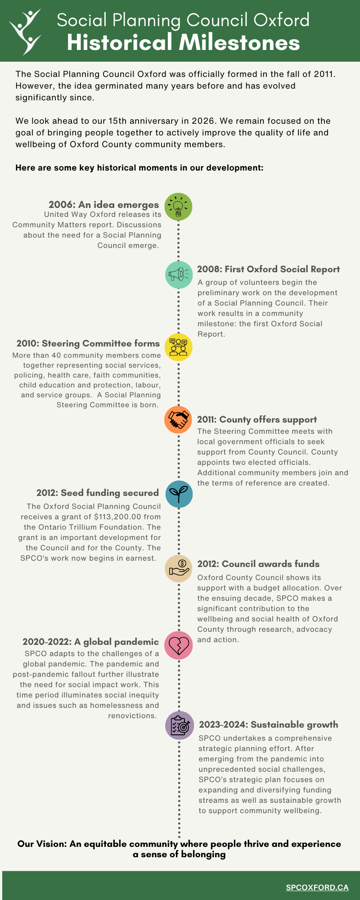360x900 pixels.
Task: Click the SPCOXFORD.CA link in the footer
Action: coord(317,887)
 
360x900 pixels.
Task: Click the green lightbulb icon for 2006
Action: coord(179,207)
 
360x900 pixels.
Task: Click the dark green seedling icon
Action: coord(179,494)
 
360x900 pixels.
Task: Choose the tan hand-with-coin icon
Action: coord(179,568)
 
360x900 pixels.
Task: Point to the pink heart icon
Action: coord(179,643)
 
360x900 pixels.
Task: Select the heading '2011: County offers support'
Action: coord(249,419)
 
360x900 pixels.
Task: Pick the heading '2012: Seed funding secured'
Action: coord(98,493)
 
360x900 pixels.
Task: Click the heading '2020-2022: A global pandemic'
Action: coord(91,641)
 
